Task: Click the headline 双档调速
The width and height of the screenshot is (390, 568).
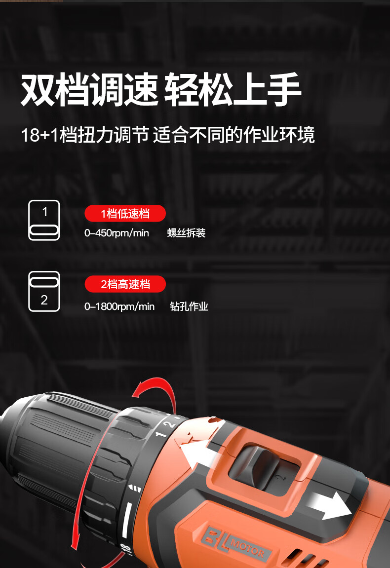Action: click(x=89, y=89)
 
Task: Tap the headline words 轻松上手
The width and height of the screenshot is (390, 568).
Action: click(x=233, y=89)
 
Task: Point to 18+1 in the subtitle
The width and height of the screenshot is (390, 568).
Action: click(x=39, y=135)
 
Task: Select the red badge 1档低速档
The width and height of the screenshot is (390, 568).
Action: click(x=125, y=213)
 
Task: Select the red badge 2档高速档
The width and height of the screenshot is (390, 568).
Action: click(x=125, y=284)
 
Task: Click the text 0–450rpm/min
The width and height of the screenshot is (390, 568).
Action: click(x=117, y=233)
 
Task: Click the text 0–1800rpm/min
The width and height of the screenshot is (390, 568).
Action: click(x=119, y=306)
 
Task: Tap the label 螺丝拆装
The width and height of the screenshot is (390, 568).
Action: click(x=186, y=233)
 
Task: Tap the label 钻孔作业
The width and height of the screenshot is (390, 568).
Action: click(x=189, y=306)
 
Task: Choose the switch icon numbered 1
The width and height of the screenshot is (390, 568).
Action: click(x=44, y=220)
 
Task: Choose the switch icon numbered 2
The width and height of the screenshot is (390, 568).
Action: click(x=44, y=291)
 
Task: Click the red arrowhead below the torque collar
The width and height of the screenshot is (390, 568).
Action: click(x=75, y=543)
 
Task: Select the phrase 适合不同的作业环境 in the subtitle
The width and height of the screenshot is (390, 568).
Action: click(x=234, y=135)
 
